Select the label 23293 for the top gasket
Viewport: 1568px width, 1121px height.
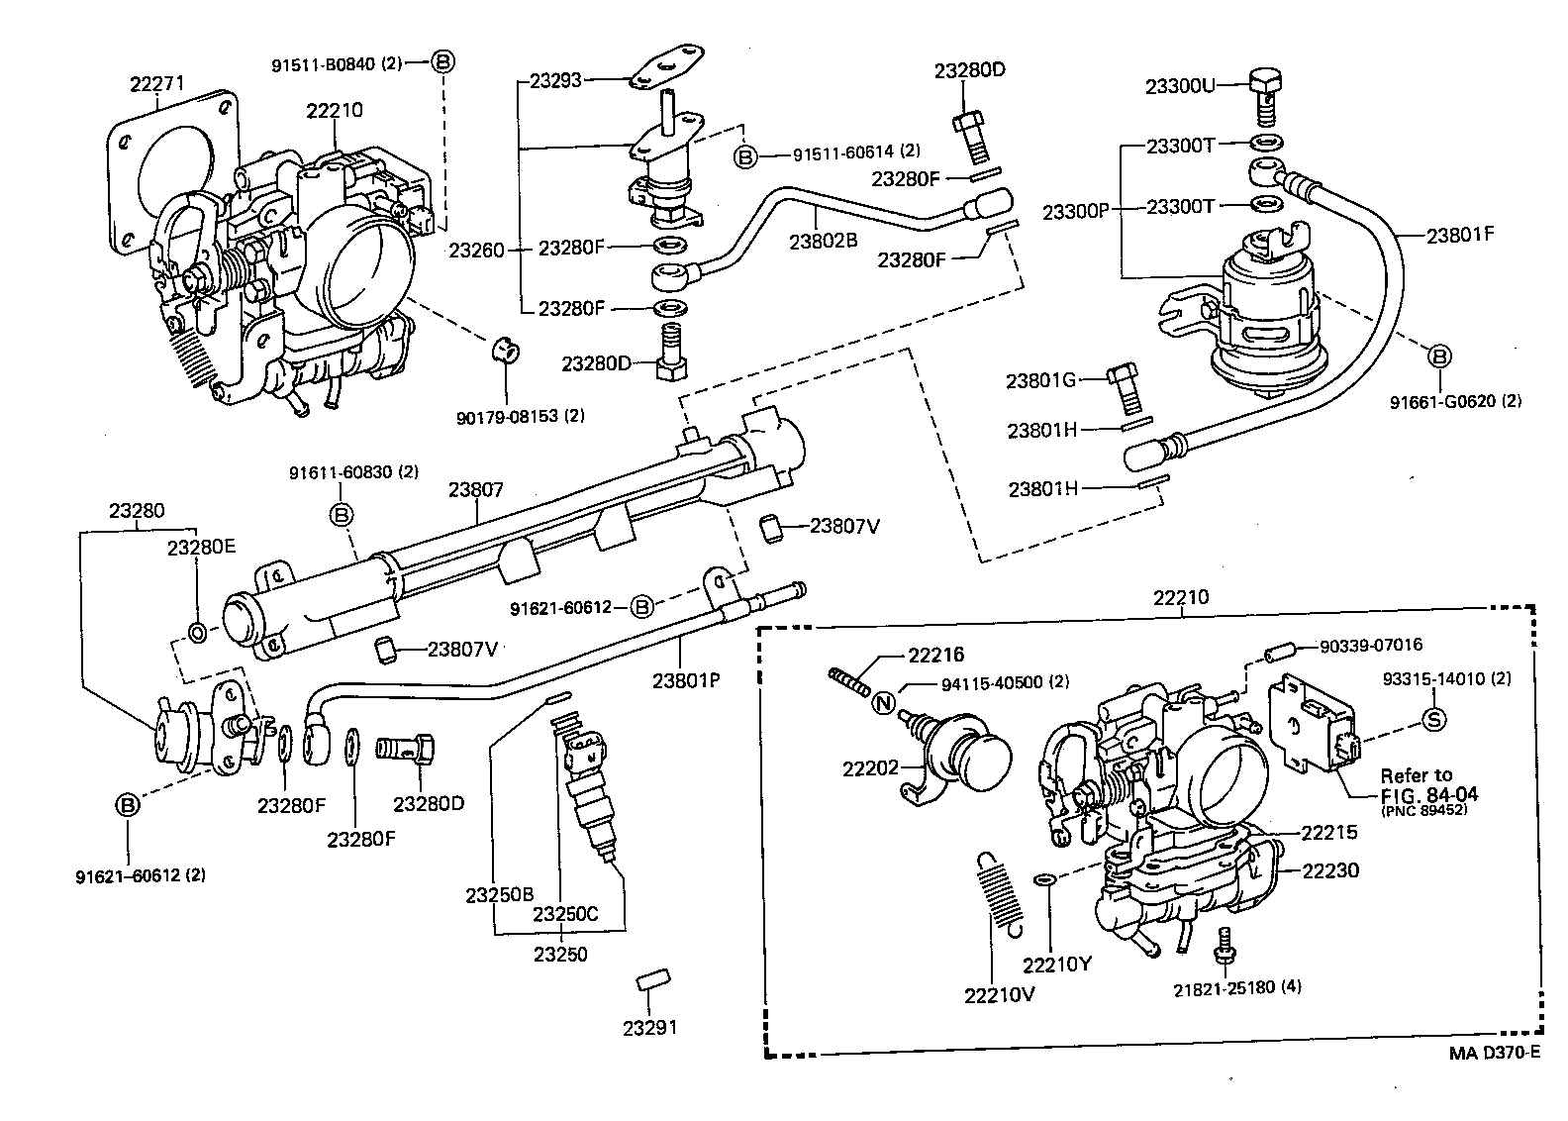coord(556,81)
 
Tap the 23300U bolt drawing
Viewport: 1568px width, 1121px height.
coord(1266,93)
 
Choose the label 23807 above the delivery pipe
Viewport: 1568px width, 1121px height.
coord(476,489)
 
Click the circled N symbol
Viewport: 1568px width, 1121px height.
coord(884,704)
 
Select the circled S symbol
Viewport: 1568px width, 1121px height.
coord(1433,720)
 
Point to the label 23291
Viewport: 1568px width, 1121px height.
coord(650,1027)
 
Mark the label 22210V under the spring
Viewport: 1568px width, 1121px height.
coord(999,995)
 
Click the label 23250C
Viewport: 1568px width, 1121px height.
coord(565,913)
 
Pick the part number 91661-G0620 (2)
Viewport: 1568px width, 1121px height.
coord(1455,401)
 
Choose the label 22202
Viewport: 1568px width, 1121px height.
coord(871,768)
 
